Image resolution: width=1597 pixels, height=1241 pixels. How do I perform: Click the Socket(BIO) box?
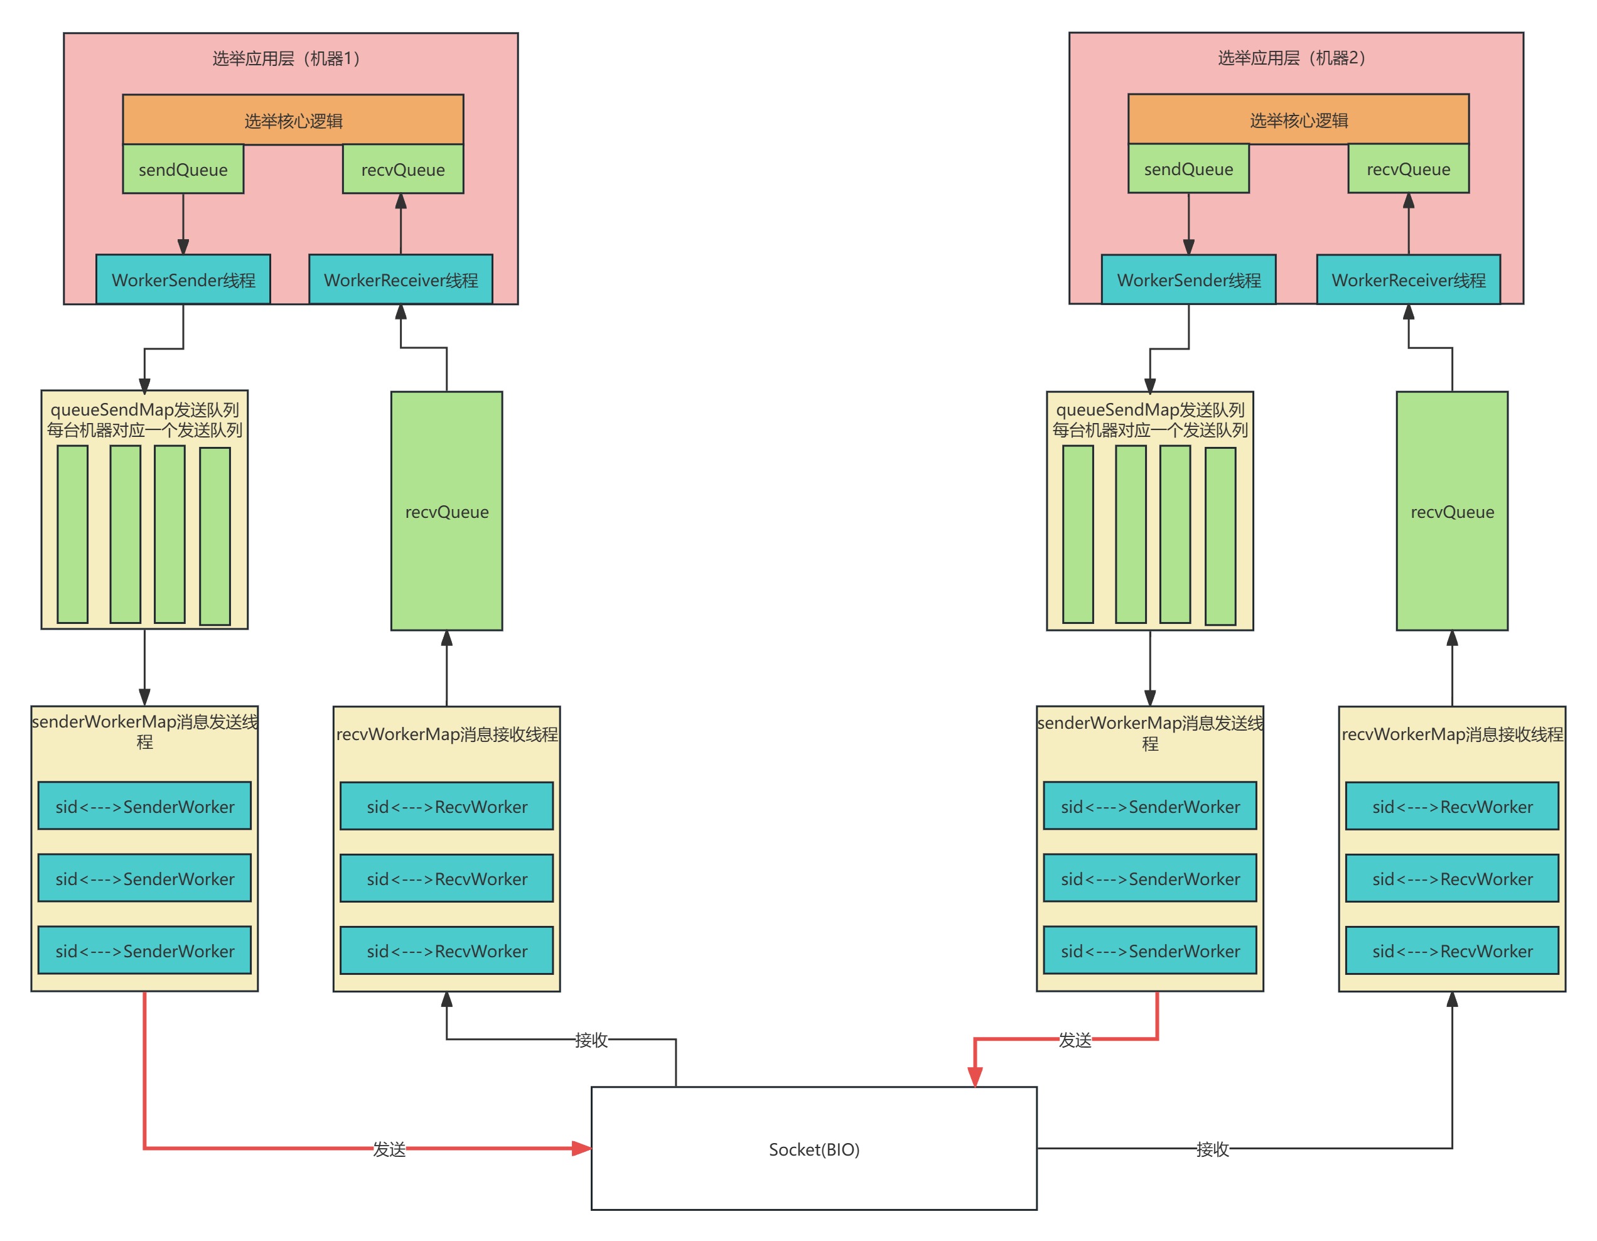[x=813, y=1149]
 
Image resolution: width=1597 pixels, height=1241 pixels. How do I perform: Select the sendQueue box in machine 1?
[x=183, y=169]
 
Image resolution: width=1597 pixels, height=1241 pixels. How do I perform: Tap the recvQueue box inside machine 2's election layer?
[x=1407, y=169]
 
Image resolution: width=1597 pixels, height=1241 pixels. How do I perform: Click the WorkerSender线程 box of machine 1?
[x=183, y=279]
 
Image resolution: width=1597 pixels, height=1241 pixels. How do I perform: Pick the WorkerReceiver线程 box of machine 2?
[x=1407, y=279]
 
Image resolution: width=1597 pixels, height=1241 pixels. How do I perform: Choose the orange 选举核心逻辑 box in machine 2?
[x=1298, y=119]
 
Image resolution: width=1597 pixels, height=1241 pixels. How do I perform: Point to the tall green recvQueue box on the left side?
[x=446, y=511]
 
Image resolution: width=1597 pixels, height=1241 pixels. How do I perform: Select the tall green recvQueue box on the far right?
[x=1451, y=511]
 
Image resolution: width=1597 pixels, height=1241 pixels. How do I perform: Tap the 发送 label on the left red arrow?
[x=389, y=1149]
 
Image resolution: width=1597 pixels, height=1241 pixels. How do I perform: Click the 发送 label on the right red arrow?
[x=1074, y=1039]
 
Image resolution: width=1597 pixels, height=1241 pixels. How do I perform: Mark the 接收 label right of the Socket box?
[x=1212, y=1149]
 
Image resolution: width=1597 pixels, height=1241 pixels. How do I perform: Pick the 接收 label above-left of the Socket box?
[x=591, y=1039]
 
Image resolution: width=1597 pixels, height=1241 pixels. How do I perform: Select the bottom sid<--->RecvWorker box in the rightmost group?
[x=1451, y=950]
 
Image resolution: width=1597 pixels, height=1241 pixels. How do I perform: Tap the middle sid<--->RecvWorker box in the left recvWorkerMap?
[x=446, y=878]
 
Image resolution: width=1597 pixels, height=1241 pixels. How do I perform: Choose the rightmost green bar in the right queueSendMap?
[x=1220, y=535]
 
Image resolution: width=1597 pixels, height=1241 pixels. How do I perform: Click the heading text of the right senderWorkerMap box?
[x=1149, y=733]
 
